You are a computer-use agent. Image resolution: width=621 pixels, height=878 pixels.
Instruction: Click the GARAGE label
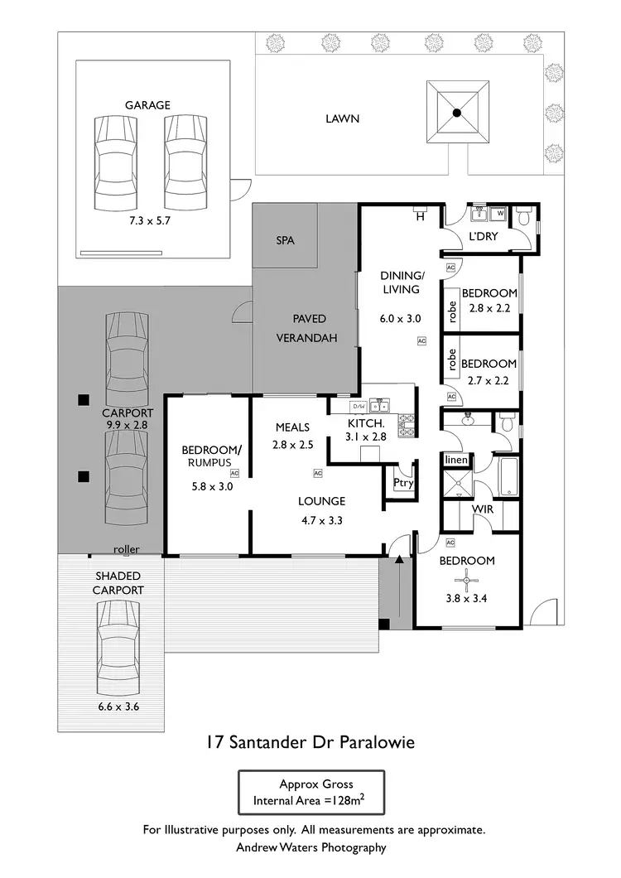pyautogui.click(x=147, y=105)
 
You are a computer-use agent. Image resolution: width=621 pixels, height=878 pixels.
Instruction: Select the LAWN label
pyautogui.click(x=342, y=118)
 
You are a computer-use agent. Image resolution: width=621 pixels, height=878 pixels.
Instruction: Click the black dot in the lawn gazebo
pyautogui.click(x=455, y=113)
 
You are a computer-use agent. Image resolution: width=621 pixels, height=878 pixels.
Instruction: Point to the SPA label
pyautogui.click(x=285, y=241)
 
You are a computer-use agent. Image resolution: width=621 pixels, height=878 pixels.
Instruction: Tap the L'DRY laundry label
pyautogui.click(x=483, y=237)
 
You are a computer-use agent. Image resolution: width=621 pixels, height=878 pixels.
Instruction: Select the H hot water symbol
pyautogui.click(x=420, y=217)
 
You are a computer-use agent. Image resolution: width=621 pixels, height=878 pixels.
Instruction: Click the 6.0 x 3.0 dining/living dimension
pyautogui.click(x=402, y=318)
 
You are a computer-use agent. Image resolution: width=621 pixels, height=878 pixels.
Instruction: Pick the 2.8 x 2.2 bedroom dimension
pyautogui.click(x=489, y=308)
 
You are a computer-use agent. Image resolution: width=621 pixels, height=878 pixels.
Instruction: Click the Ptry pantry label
pyautogui.click(x=403, y=484)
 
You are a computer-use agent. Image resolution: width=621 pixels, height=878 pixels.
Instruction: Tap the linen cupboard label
pyautogui.click(x=456, y=460)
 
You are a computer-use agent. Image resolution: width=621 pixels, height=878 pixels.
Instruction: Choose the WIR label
pyautogui.click(x=483, y=509)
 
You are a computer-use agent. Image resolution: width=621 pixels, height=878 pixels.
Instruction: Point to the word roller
pyautogui.click(x=127, y=549)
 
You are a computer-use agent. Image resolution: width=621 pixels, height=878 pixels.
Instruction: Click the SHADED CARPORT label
pyautogui.click(x=118, y=583)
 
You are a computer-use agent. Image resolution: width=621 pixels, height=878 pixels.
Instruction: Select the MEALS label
pyautogui.click(x=292, y=427)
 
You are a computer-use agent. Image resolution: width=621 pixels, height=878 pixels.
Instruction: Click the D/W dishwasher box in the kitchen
pyautogui.click(x=359, y=407)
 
